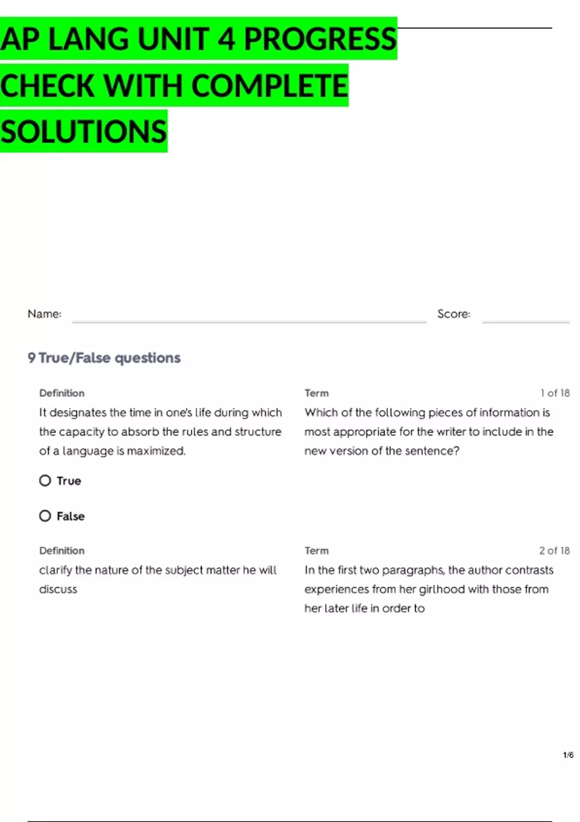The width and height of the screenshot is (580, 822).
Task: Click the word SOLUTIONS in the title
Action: coord(84,132)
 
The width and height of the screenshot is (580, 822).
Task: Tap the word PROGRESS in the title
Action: coord(320,39)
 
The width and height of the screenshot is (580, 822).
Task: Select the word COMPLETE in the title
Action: coord(270,86)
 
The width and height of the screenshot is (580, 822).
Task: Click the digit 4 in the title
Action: coord(226,39)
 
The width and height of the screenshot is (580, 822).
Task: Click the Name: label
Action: coord(44,314)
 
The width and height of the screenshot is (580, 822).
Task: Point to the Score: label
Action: coord(453,314)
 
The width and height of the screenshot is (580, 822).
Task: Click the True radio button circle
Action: coord(45,481)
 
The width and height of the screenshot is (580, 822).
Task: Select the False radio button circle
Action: coord(45,516)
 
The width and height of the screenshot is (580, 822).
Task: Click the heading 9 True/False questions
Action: coord(104,358)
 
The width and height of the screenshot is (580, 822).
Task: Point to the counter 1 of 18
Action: coord(555,393)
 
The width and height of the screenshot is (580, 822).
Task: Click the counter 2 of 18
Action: coord(554,551)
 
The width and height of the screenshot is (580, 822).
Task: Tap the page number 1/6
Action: coord(568,755)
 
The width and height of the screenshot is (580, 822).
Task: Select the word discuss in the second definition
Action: coord(58,589)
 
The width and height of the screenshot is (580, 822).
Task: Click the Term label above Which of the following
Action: coord(317,393)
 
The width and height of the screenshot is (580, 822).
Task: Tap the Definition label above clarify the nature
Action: coord(62,551)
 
